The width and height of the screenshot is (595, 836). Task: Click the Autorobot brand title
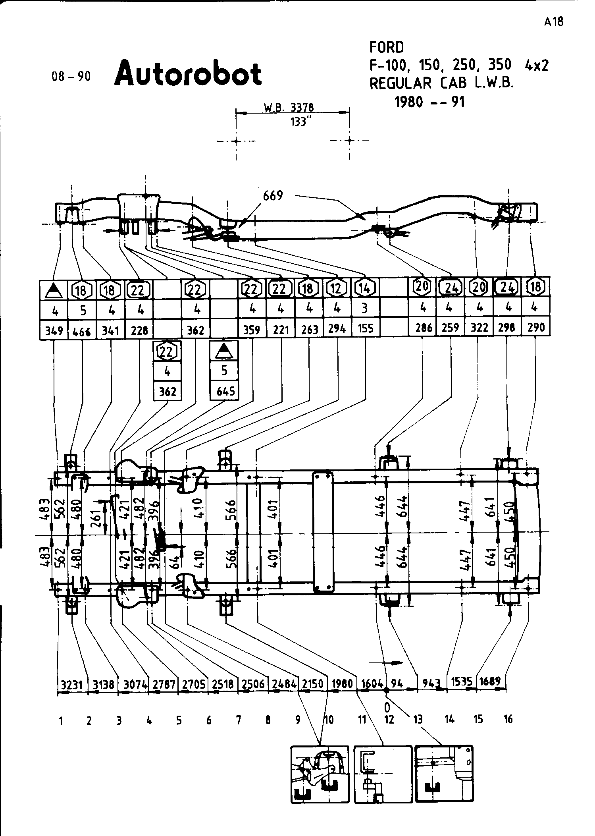point(188,73)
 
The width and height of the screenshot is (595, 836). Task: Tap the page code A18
point(553,21)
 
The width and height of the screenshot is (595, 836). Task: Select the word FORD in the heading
point(386,48)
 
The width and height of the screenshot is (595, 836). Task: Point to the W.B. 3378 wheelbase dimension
point(289,108)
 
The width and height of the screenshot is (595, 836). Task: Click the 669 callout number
point(273,196)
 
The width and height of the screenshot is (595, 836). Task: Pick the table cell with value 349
point(54,330)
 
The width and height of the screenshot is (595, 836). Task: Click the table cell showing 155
point(365,329)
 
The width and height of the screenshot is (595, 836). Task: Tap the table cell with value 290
point(536,328)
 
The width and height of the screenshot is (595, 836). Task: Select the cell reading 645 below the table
point(225,391)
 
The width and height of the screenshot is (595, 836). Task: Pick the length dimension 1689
point(489,682)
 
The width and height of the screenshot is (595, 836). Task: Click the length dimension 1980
point(342,683)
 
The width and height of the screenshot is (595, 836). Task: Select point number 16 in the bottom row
point(508,719)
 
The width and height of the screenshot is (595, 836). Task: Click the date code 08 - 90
point(71,76)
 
